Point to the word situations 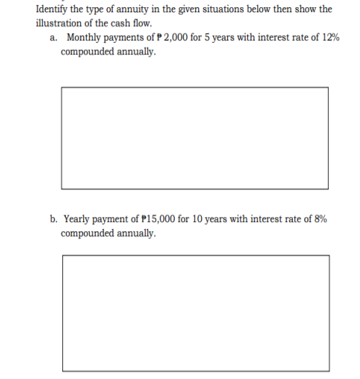click(214, 9)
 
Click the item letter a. click(53, 38)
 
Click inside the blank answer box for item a click(194, 137)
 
